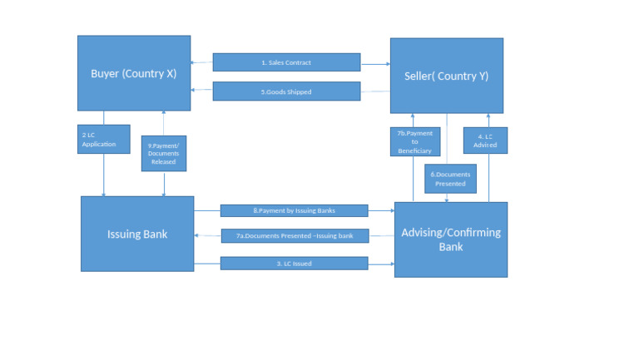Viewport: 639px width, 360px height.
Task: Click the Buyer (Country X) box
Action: coord(134,73)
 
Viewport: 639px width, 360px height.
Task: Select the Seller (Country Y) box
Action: coord(447,75)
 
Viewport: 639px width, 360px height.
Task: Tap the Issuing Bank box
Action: coord(137,234)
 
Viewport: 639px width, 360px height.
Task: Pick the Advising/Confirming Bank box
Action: coord(451,239)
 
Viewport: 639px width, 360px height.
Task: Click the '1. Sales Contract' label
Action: coord(286,62)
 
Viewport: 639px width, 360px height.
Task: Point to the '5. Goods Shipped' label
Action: coord(286,91)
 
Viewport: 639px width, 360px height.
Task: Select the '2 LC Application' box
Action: coord(104,139)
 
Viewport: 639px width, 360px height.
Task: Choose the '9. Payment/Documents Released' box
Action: coord(164,153)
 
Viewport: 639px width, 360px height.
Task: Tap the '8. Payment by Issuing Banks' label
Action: coord(294,210)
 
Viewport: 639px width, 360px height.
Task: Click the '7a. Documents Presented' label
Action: coord(294,236)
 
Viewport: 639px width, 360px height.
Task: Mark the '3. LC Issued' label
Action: coord(294,264)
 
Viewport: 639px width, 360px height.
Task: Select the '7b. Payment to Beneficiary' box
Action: coord(414,141)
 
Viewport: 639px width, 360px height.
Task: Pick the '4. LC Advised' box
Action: coord(486,141)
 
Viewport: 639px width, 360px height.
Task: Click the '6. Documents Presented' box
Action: coord(450,179)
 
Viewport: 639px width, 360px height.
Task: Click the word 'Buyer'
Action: coord(105,73)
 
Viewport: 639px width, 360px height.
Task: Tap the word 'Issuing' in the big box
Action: coord(125,234)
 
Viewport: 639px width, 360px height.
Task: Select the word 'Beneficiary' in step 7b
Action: coord(414,150)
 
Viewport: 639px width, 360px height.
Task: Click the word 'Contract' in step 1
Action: coord(300,62)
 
